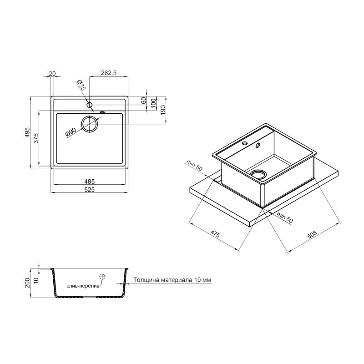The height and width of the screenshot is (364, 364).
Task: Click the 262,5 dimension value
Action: pos(109,73)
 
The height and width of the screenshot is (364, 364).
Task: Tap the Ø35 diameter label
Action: pos(82,85)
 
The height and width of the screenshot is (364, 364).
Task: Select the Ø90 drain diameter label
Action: pos(71,132)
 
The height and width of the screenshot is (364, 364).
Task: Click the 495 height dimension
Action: pos(28,132)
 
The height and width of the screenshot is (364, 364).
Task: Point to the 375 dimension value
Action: pos(36,138)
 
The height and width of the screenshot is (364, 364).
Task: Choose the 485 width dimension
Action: pos(89,181)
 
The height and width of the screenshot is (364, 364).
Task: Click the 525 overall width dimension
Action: pos(89,190)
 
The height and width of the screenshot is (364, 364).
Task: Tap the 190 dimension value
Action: pos(163,110)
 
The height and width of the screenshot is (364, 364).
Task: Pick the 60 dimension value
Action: pos(144,101)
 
